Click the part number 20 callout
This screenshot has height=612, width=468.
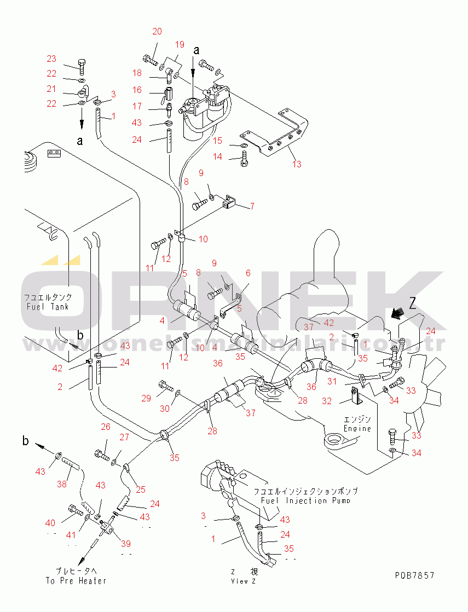tap(157, 32)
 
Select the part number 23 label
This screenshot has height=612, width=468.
tap(51, 59)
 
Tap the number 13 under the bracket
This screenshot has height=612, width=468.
tap(297, 164)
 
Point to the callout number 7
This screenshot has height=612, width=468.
tap(252, 206)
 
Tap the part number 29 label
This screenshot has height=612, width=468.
tap(146, 399)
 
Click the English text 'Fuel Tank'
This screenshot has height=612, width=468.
tap(48, 306)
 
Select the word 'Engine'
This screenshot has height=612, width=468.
tap(357, 429)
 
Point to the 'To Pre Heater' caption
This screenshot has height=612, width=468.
tap(76, 580)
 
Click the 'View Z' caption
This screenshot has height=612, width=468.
tap(243, 581)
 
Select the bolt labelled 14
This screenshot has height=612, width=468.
tap(244, 161)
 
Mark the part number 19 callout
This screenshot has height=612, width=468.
tap(180, 44)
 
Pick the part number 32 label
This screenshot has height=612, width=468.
tap(327, 401)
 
